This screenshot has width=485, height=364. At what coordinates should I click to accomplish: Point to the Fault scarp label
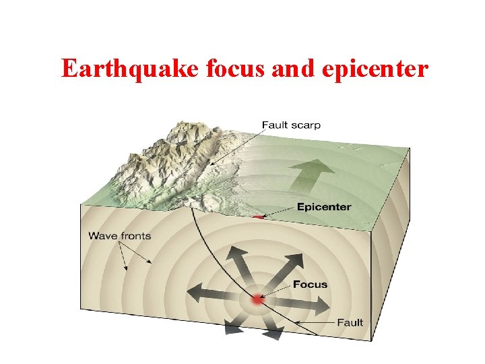point(291,125)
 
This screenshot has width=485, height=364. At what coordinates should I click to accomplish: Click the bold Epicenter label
point(324,207)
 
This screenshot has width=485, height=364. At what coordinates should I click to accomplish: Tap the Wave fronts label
point(120,236)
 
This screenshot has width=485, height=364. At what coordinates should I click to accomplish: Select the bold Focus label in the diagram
point(310,284)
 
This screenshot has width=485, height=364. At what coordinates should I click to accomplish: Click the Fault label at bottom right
point(350,322)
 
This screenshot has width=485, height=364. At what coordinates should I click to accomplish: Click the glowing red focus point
point(256,301)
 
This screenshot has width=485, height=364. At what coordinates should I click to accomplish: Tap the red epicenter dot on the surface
point(258,217)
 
